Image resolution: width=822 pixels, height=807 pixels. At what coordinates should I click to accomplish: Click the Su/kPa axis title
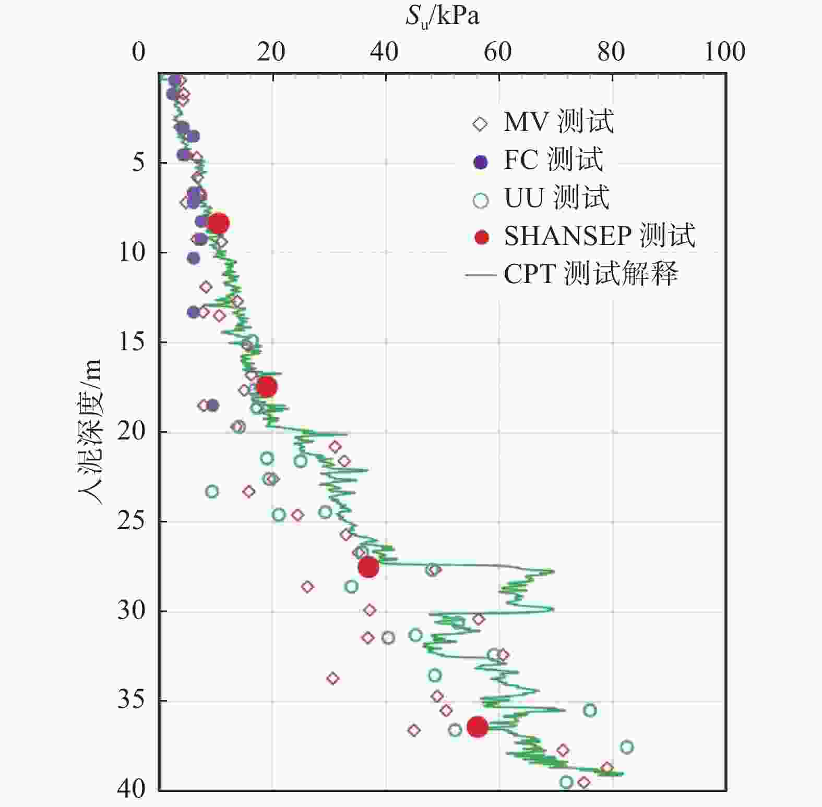point(442,17)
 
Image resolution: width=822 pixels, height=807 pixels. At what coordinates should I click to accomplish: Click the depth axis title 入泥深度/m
point(90,432)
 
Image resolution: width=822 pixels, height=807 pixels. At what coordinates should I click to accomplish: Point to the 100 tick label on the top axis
point(724,52)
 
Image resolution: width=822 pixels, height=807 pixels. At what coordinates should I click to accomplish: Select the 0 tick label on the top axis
point(139,52)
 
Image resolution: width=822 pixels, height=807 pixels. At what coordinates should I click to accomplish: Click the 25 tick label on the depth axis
point(132,521)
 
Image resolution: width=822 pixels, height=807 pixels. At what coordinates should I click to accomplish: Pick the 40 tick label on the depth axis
point(132,789)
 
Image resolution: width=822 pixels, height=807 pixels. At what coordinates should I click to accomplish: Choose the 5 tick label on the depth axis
point(139,163)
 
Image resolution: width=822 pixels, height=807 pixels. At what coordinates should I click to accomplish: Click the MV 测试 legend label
point(558,122)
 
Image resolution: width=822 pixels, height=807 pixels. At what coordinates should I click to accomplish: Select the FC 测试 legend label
point(553,160)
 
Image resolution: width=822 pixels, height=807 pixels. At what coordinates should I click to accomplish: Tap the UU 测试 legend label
point(556,198)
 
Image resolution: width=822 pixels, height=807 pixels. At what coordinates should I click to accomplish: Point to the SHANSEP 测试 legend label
point(600,236)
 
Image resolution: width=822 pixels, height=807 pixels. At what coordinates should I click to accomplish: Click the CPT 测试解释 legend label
point(591,273)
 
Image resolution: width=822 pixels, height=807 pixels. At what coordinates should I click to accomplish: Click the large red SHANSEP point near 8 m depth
point(218,223)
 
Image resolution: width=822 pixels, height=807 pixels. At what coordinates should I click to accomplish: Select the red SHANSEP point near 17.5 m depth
point(267,387)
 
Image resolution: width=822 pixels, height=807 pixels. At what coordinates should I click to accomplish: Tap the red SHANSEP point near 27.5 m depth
point(368,567)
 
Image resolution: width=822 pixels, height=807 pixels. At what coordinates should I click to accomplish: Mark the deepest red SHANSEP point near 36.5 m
point(478,726)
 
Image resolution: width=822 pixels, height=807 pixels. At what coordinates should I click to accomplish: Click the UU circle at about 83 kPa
point(627,747)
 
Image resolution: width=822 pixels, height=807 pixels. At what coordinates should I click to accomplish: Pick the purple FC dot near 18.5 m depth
point(212,405)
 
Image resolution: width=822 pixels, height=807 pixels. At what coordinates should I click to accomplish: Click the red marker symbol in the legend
point(481,238)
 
